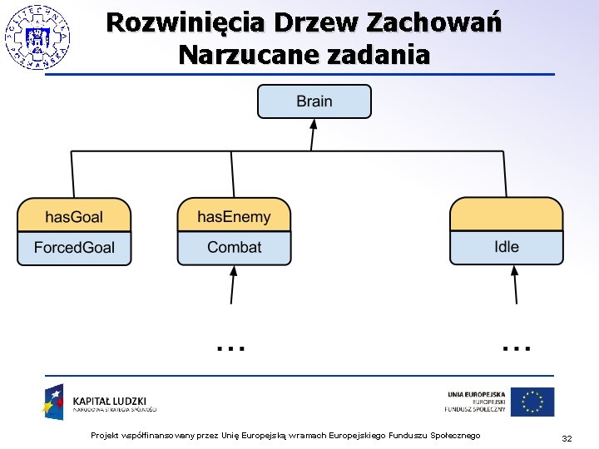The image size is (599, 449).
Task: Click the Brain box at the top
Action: click(314, 101)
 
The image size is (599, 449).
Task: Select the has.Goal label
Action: click(74, 217)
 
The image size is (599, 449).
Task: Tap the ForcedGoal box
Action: click(74, 247)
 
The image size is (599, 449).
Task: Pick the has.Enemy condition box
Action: click(234, 217)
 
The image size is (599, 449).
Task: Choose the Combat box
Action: click(234, 247)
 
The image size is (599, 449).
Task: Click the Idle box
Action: click(506, 247)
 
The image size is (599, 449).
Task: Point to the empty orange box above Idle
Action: click(506, 215)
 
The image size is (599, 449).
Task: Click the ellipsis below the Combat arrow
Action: click(230, 347)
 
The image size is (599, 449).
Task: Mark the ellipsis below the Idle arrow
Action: click(517, 347)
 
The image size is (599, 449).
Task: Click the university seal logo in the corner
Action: click(37, 36)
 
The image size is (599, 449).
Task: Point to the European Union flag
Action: click(532, 402)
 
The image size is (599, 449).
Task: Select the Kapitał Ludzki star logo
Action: click(55, 402)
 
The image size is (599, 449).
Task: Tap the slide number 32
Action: click(567, 437)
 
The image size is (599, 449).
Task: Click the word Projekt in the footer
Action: click(105, 436)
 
